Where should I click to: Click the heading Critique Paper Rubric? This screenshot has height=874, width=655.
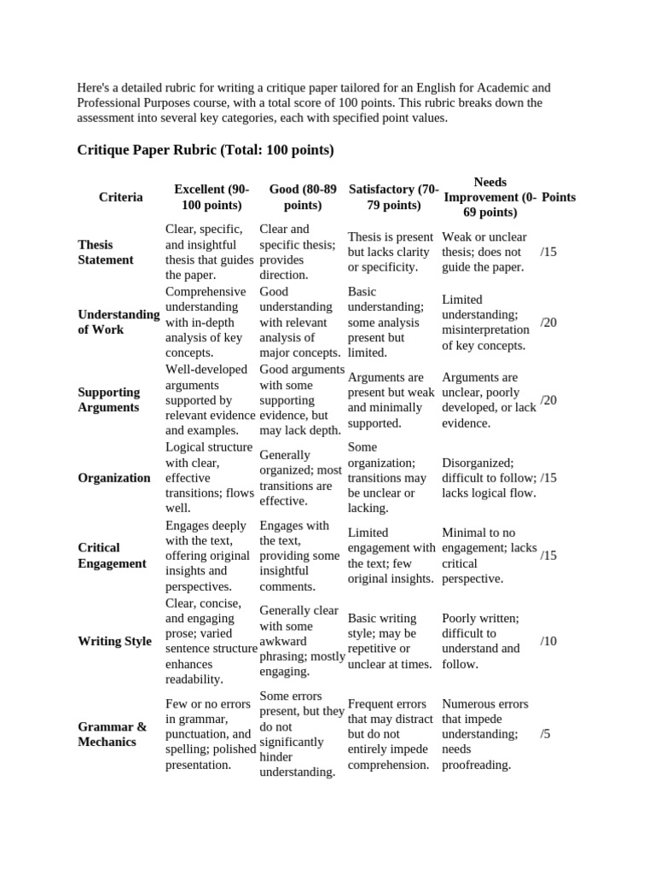click(x=205, y=150)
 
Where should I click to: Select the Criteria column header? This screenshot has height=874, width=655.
click(x=120, y=197)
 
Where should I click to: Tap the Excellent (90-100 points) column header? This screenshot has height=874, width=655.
click(x=211, y=197)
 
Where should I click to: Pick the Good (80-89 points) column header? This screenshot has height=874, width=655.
click(x=302, y=197)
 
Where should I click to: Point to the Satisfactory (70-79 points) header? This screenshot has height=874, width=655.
click(x=393, y=197)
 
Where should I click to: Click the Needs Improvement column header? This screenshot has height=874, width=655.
click(x=490, y=197)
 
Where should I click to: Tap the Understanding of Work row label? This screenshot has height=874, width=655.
click(x=118, y=322)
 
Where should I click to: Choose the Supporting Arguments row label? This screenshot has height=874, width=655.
click(x=109, y=399)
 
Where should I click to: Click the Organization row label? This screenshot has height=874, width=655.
click(x=113, y=478)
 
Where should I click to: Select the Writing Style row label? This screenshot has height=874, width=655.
click(x=114, y=641)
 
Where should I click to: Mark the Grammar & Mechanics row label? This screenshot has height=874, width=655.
click(x=112, y=734)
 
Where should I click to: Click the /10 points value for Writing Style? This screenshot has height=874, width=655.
click(x=548, y=641)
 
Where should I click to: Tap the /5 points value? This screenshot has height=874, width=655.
click(x=546, y=734)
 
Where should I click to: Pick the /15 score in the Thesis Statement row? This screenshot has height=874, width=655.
click(x=548, y=252)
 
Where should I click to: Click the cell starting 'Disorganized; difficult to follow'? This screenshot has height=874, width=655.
click(x=489, y=477)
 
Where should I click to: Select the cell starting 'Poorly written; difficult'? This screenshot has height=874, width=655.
click(x=481, y=641)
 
